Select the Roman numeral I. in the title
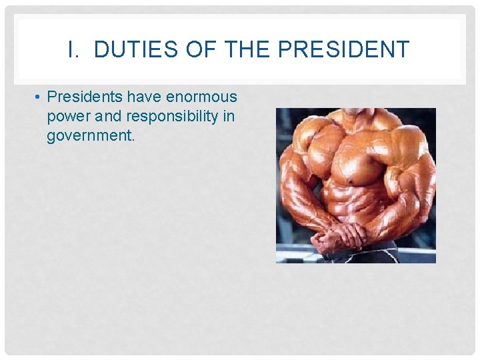click(74, 49)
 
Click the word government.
click(91, 136)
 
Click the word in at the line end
click(229, 117)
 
